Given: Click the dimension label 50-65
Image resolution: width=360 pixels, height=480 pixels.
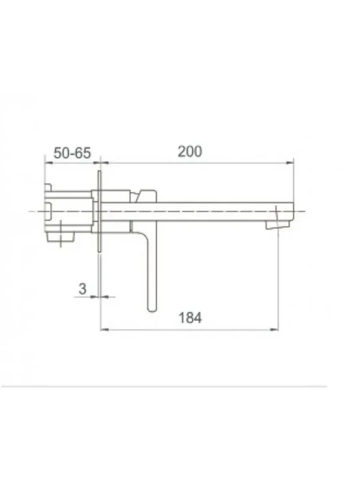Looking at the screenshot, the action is coord(72,153).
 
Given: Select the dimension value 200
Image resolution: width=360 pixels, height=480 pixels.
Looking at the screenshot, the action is coord(190,152).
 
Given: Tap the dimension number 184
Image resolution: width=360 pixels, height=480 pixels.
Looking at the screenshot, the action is coord(190,317).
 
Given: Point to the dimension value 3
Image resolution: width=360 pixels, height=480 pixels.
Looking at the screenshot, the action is coord(82,289).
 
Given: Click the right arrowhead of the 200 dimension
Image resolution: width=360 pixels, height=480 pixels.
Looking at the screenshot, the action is coord(289,163).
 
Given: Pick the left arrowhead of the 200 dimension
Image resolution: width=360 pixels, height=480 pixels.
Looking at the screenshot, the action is coord(105,163).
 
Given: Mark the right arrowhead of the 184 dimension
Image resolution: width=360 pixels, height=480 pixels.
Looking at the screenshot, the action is coord(274,330).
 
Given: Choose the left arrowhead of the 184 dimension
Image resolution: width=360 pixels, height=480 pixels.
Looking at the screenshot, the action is coord(105,330).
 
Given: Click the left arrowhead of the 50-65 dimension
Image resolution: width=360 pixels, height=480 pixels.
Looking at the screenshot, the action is coord(49,163).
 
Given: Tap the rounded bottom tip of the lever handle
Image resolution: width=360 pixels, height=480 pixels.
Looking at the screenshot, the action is coord(152,310).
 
